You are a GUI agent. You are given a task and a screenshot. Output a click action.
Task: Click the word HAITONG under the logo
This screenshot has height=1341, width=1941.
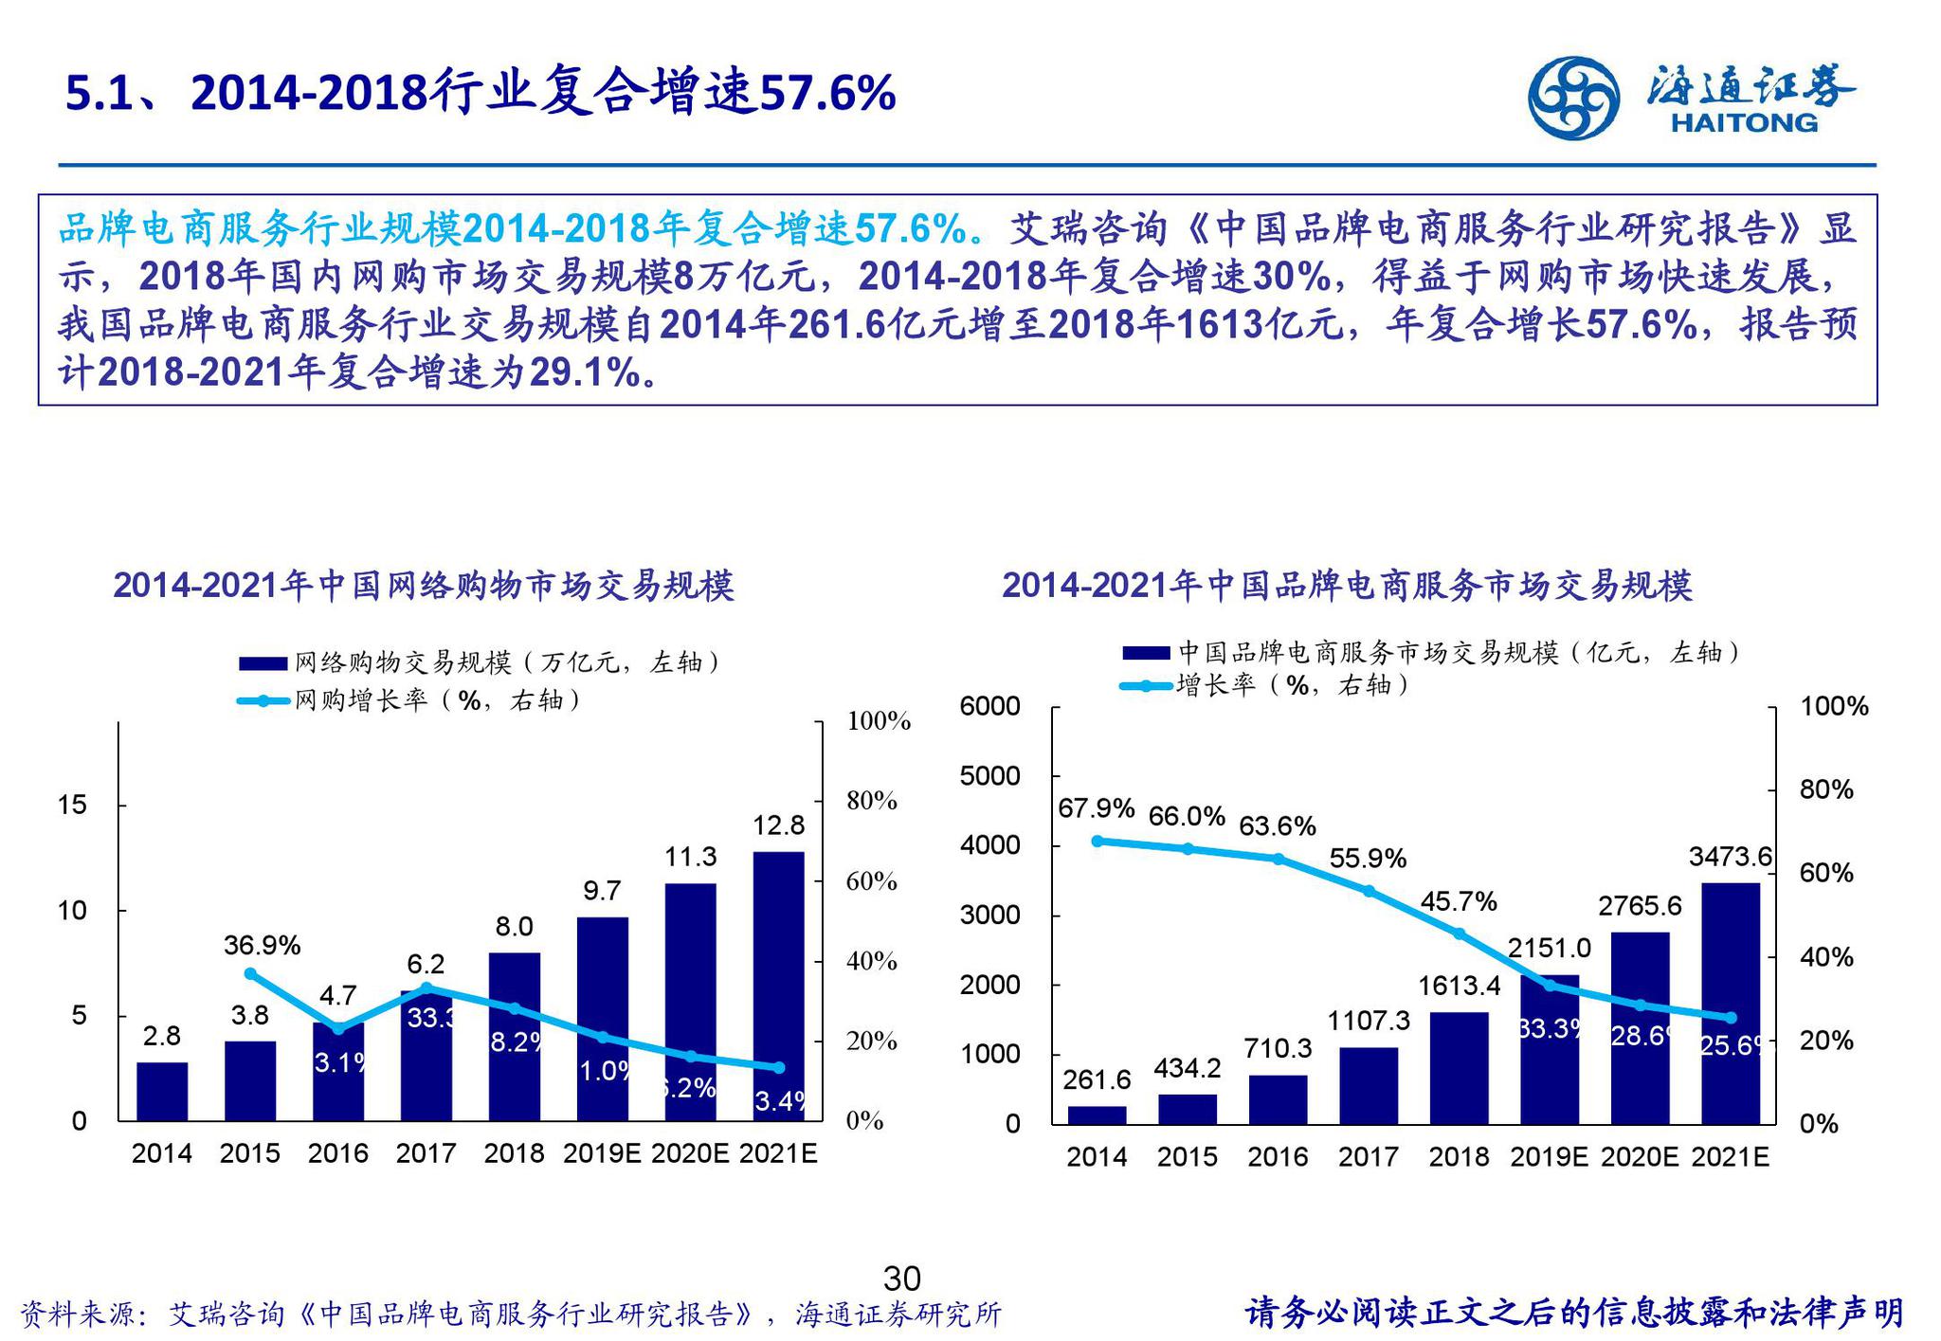(1745, 123)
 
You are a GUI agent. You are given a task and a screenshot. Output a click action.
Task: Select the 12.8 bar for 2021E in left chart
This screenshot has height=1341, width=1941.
(779, 986)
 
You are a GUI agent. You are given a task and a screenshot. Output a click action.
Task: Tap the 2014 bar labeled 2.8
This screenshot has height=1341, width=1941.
(162, 1092)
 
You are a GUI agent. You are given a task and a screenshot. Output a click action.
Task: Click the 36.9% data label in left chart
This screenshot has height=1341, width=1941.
(262, 945)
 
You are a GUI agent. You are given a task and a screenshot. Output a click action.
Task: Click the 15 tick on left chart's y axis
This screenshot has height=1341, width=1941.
(72, 806)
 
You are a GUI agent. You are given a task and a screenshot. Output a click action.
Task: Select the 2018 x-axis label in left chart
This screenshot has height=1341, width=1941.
(513, 1153)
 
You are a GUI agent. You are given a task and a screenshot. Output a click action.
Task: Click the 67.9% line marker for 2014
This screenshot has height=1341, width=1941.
(1097, 841)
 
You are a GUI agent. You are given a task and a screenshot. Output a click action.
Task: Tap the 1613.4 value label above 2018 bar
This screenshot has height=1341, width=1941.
(1459, 986)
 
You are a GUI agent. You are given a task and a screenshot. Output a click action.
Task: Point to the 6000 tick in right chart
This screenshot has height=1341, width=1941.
(989, 706)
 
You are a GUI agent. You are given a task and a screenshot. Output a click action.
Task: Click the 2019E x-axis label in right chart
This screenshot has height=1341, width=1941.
(1549, 1157)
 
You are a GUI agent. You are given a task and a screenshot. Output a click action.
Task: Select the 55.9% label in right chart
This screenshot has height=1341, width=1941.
(1368, 859)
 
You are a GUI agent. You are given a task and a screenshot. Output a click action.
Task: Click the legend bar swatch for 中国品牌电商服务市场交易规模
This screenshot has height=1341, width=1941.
(1145, 653)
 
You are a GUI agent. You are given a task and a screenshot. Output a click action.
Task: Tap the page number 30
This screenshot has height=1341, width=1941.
(901, 1279)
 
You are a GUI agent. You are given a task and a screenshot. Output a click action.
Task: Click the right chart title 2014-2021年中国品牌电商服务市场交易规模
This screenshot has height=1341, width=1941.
(1347, 586)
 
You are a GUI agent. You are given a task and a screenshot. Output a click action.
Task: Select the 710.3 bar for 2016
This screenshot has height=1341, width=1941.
(1278, 1099)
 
